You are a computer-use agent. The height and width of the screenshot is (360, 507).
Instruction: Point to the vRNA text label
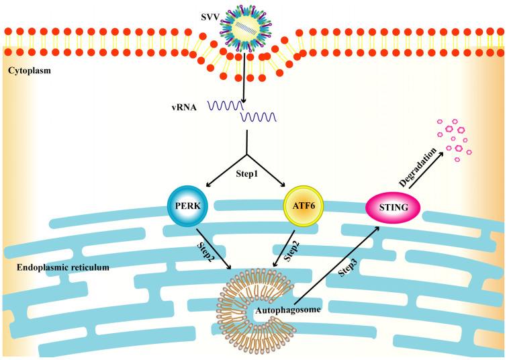[185, 105]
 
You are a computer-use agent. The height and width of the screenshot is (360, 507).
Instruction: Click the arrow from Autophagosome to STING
[335, 268]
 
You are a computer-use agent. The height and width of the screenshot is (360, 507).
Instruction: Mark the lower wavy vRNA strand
[260, 119]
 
